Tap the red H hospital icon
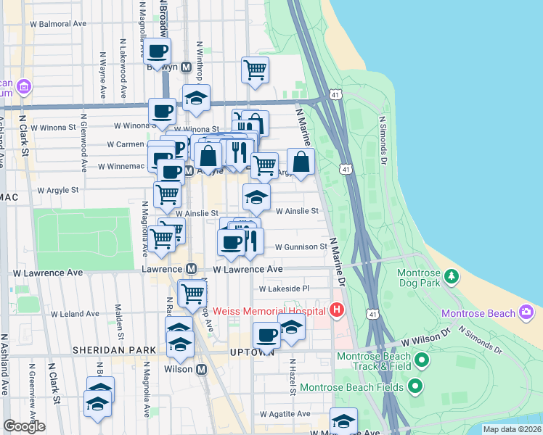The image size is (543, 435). pyautogui.click(x=336, y=311)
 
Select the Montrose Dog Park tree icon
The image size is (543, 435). pyautogui.click(x=452, y=275)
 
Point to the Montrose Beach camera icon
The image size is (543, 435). pyautogui.click(x=526, y=313)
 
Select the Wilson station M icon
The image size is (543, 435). pyautogui.click(x=202, y=369)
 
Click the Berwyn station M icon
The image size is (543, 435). pyautogui.click(x=186, y=67)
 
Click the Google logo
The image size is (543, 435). pyautogui.click(x=24, y=426)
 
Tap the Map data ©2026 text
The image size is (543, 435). pyautogui.click(x=511, y=429)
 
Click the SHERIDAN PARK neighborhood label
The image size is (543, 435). pyautogui.click(x=114, y=350)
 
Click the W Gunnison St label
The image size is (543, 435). pyautogui.click(x=301, y=247)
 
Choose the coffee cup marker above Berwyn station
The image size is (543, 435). pyautogui.click(x=158, y=51)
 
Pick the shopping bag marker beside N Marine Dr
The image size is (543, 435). pyautogui.click(x=301, y=162)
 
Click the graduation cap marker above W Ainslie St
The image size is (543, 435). pyautogui.click(x=256, y=196)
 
